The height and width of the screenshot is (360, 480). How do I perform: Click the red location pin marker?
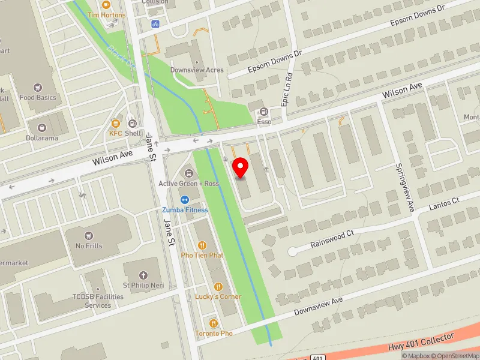(241, 167)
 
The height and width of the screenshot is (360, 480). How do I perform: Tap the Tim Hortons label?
(106, 14)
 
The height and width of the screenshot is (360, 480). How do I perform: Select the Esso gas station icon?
(264, 112)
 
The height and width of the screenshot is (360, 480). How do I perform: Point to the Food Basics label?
(38, 97)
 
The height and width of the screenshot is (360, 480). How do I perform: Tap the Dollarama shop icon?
(42, 127)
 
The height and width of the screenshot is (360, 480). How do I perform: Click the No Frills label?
(89, 245)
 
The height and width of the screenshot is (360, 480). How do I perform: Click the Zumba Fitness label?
(185, 210)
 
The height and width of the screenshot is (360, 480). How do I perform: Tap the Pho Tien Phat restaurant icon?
(202, 245)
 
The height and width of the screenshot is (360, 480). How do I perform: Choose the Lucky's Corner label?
(218, 296)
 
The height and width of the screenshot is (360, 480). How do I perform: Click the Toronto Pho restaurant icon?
(214, 323)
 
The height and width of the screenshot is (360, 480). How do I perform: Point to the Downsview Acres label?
(197, 70)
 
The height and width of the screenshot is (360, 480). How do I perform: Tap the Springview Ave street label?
(404, 188)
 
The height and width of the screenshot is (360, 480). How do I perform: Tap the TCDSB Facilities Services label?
(97, 301)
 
